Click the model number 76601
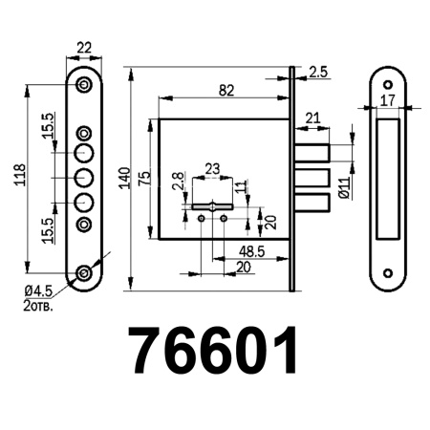point(214,352)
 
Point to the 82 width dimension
point(226,91)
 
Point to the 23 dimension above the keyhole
point(212,169)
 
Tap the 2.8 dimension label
point(179,183)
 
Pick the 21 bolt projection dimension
point(312,118)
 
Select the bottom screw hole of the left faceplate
point(85,274)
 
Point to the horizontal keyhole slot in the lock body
point(212,205)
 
